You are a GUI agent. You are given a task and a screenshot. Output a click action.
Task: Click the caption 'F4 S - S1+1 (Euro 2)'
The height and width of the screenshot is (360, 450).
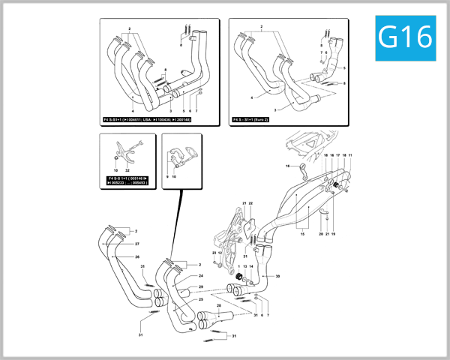coord(254,119)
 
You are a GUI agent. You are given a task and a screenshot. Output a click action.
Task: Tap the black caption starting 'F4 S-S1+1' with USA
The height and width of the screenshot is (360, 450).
coord(146,119)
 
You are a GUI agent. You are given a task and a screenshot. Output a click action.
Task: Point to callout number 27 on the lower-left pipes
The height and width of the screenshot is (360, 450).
coord(137,245)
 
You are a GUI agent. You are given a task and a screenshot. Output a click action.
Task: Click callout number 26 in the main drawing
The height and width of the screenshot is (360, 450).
coord(137,257)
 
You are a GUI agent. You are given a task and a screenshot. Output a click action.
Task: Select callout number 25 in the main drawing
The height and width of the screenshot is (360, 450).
coord(201,299)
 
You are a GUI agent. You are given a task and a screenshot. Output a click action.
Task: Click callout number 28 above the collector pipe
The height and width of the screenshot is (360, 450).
coord(218,307)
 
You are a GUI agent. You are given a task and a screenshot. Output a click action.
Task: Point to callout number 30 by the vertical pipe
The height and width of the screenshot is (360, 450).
coord(277,277)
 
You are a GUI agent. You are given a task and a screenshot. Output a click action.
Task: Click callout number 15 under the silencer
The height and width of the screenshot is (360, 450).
coord(303,235)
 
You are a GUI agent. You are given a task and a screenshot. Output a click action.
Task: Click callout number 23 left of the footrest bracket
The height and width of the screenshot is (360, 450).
coord(214,253)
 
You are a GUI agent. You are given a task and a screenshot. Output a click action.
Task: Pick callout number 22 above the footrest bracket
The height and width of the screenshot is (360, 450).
coord(251,203)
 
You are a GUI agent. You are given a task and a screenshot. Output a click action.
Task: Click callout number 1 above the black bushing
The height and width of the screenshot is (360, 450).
coord(238,266)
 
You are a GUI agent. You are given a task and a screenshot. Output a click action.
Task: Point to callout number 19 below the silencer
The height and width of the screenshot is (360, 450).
coord(333,235)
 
